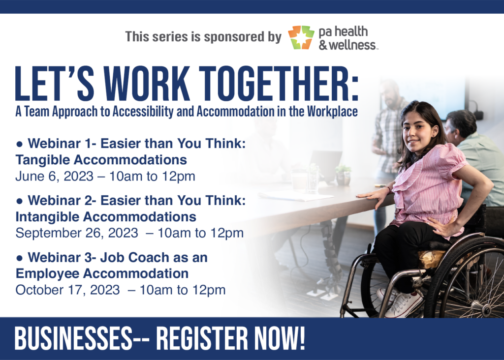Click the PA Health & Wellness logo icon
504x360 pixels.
301,37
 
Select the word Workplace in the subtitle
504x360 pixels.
332,112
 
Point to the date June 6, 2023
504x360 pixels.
54,176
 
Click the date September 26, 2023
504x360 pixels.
77,233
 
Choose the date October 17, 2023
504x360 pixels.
67,290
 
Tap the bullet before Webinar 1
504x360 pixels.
20,145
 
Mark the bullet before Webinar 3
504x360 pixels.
20,258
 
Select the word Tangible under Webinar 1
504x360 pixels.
44,160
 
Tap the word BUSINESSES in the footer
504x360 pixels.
73,338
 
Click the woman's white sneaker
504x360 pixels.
404,304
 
